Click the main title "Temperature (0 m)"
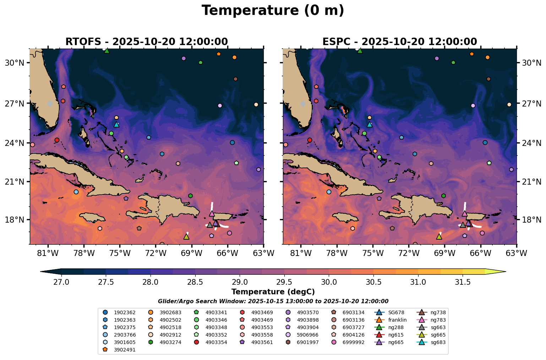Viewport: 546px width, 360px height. (x=273, y=11)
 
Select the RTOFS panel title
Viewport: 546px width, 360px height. (x=146, y=42)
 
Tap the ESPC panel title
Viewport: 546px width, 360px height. (x=399, y=42)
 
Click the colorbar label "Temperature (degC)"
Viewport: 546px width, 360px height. (x=273, y=292)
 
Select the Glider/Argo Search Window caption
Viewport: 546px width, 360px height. (x=273, y=301)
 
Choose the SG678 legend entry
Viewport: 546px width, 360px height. (x=391, y=312)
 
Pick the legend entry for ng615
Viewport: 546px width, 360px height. (x=391, y=335)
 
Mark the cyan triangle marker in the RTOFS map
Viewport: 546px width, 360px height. (x=116, y=124)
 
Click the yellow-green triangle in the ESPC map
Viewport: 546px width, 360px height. (x=439, y=236)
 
